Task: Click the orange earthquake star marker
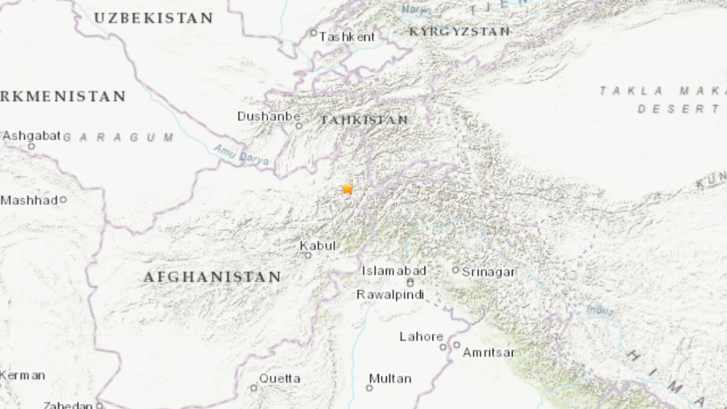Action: pos(347,188)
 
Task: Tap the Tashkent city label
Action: pos(347,36)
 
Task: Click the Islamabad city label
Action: pos(393,271)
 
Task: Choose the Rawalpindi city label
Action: pos(391,295)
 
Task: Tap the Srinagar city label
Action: pos(488,272)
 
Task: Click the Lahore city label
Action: pos(421,336)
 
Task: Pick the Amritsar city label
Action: pos(488,352)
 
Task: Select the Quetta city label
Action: pos(279,378)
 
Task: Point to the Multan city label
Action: pos(390,378)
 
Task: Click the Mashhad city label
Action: pos(29,200)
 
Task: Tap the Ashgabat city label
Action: pos(32,136)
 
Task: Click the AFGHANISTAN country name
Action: pos(212,277)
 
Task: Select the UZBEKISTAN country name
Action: pos(153,18)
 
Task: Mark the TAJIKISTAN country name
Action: pos(364,120)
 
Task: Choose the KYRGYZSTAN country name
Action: pos(460,32)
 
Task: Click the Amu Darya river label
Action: pos(242,154)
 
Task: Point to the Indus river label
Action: pos(599,310)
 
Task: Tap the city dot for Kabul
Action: pos(308,255)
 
